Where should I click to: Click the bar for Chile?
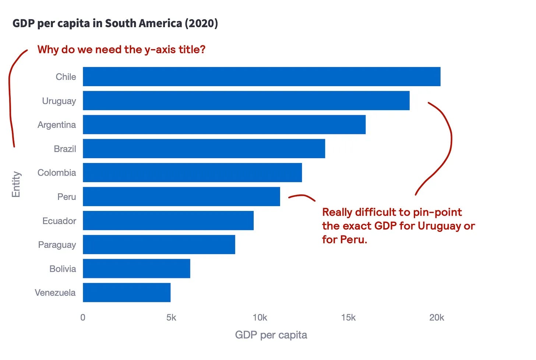click(261, 77)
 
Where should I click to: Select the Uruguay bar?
click(246, 100)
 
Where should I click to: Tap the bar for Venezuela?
click(127, 292)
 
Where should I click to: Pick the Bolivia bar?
click(136, 268)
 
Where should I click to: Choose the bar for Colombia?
click(192, 172)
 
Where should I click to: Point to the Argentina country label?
click(57, 125)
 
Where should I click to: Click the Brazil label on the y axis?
click(65, 149)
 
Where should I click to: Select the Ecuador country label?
click(59, 221)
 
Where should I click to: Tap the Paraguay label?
click(57, 245)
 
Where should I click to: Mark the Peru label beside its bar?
click(67, 197)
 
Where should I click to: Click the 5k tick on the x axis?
click(171, 318)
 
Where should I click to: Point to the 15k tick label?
click(348, 318)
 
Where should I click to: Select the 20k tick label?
click(437, 318)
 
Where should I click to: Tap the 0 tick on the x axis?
click(83, 318)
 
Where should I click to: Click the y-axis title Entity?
click(16, 184)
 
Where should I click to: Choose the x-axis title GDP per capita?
click(271, 335)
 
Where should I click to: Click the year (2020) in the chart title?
click(201, 24)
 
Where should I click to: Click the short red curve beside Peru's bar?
click(302, 196)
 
